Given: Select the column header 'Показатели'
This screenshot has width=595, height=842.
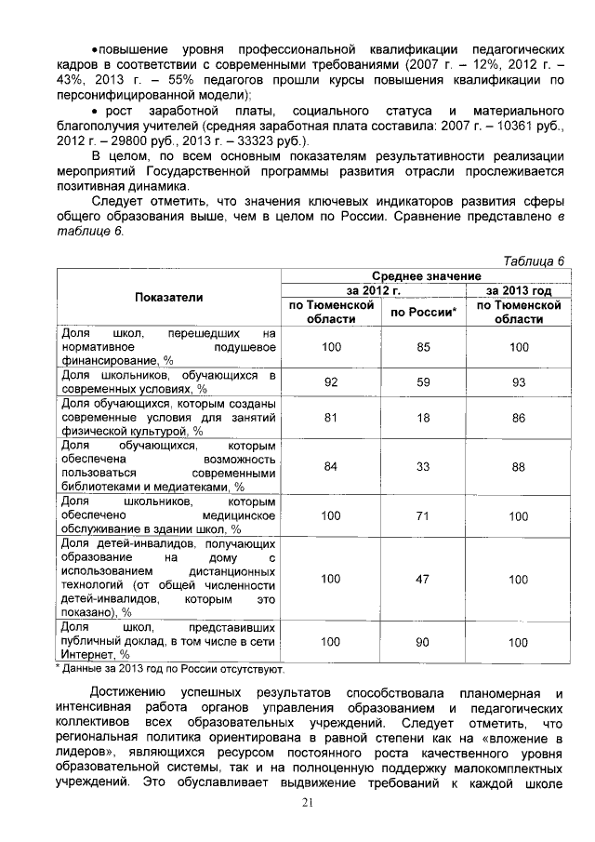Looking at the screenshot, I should pos(168,296).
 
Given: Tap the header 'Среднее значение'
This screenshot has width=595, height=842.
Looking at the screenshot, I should pos(426,276).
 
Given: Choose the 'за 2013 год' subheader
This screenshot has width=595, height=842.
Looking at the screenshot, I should pos(518,289).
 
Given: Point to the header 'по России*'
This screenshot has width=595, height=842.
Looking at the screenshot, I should pos(423,312).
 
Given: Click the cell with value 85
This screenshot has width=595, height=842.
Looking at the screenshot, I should pos(423,346).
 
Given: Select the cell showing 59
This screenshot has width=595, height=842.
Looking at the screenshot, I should pos(423,381).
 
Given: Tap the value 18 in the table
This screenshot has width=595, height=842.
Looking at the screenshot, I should pos(423,418).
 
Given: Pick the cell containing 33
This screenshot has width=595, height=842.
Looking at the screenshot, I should pos(423,466).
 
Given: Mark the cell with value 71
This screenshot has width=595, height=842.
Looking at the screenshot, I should pos(423,515).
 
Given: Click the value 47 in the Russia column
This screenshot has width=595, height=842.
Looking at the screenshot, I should pos(423,579).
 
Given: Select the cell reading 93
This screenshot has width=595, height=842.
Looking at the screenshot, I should pos(518,381).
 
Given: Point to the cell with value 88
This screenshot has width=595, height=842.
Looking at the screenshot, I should pos(518,467).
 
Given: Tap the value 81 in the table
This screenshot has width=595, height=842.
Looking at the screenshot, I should pos(330,418).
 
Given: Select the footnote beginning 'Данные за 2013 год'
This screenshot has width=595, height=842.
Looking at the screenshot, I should pos(173,668).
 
